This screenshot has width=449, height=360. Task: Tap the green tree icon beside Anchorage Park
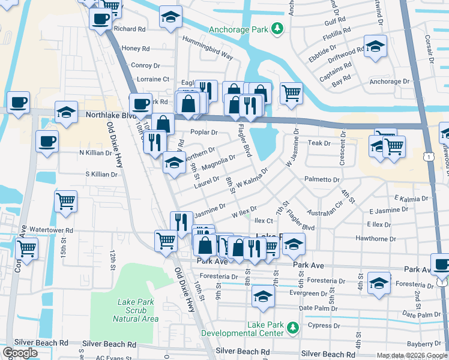click(277, 28)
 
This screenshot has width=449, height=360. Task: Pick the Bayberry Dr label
click(424, 344)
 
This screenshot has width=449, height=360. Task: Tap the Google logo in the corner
click(20, 353)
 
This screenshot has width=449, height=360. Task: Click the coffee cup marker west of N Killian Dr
click(47, 142)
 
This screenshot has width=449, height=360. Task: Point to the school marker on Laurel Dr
click(174, 163)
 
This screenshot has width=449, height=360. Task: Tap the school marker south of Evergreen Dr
click(262, 297)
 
